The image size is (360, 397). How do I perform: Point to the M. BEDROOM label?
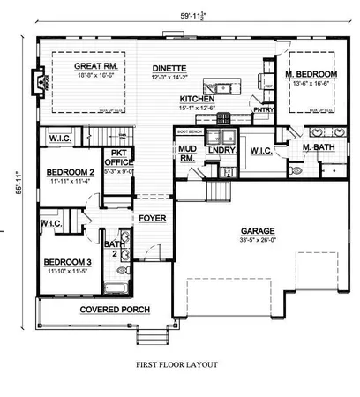pos(311,73)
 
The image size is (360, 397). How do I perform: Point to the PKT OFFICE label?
pos(119,156)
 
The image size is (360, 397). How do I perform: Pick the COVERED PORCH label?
pos(114,311)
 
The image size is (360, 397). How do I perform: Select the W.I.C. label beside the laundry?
pos(260,151)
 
